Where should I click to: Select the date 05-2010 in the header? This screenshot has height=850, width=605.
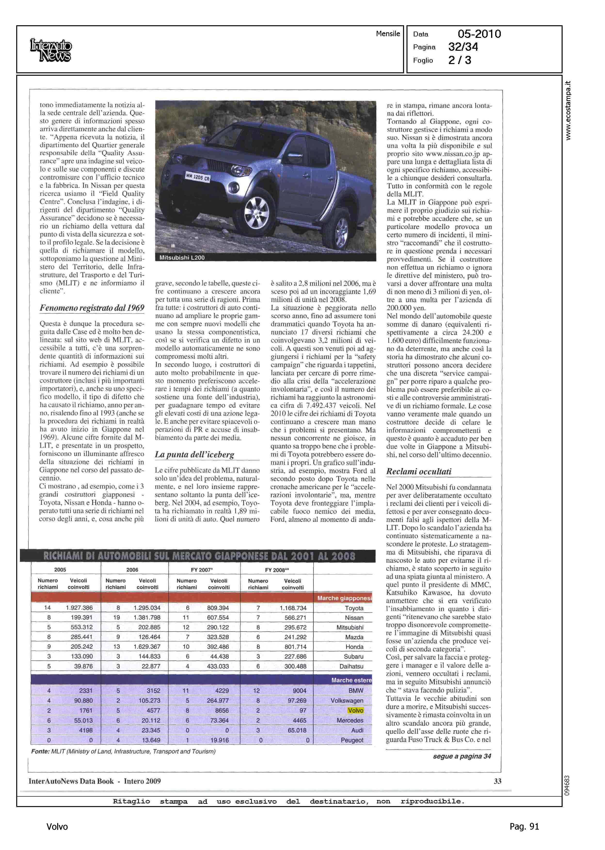pyautogui.click(x=479, y=34)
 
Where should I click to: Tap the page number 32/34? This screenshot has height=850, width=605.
pyautogui.click(x=463, y=47)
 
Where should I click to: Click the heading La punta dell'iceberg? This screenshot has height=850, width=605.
pyautogui.click(x=194, y=454)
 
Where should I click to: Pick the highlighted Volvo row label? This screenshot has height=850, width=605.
pyautogui.click(x=355, y=710)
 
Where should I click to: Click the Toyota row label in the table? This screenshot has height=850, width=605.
pyautogui.click(x=354, y=608)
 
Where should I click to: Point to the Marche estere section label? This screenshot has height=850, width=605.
pyautogui.click(x=351, y=680)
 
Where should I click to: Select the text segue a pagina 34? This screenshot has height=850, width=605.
pyautogui.click(x=462, y=756)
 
